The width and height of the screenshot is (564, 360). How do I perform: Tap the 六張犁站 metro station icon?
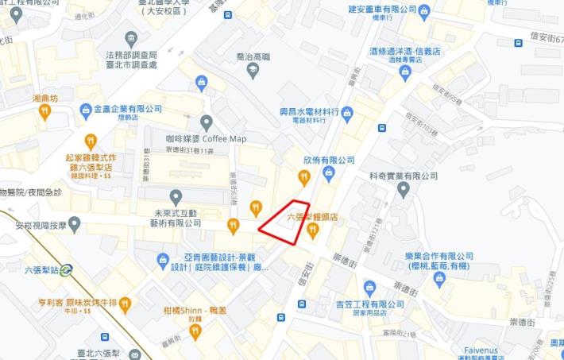66,269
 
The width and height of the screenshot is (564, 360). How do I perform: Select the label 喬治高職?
253,57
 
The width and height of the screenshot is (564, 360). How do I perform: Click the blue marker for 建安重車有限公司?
423,12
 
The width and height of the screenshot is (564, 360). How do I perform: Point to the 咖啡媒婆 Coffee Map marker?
207,122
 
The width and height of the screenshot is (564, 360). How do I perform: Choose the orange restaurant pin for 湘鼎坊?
44,112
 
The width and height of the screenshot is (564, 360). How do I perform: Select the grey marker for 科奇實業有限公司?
404,189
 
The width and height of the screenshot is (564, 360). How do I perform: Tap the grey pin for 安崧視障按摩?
75,225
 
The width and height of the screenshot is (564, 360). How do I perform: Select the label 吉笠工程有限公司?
369,304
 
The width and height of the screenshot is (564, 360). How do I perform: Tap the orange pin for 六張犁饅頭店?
312,230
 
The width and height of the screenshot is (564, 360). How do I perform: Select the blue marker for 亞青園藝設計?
163,259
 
